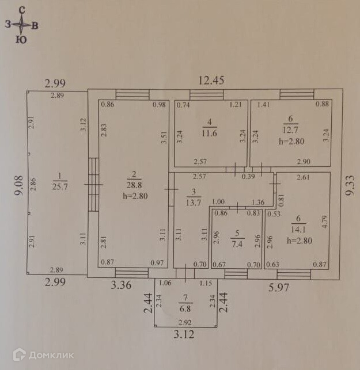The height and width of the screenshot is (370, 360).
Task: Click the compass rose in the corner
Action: pos(21,25)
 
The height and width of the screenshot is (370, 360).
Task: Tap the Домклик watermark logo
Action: pos(44,354)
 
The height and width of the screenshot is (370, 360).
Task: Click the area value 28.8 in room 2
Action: pos(134,185)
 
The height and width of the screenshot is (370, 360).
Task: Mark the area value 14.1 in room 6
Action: pos(298,230)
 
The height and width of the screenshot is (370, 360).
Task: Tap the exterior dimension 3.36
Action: pos(122,283)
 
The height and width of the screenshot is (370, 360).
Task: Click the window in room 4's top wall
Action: pos(206,95)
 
